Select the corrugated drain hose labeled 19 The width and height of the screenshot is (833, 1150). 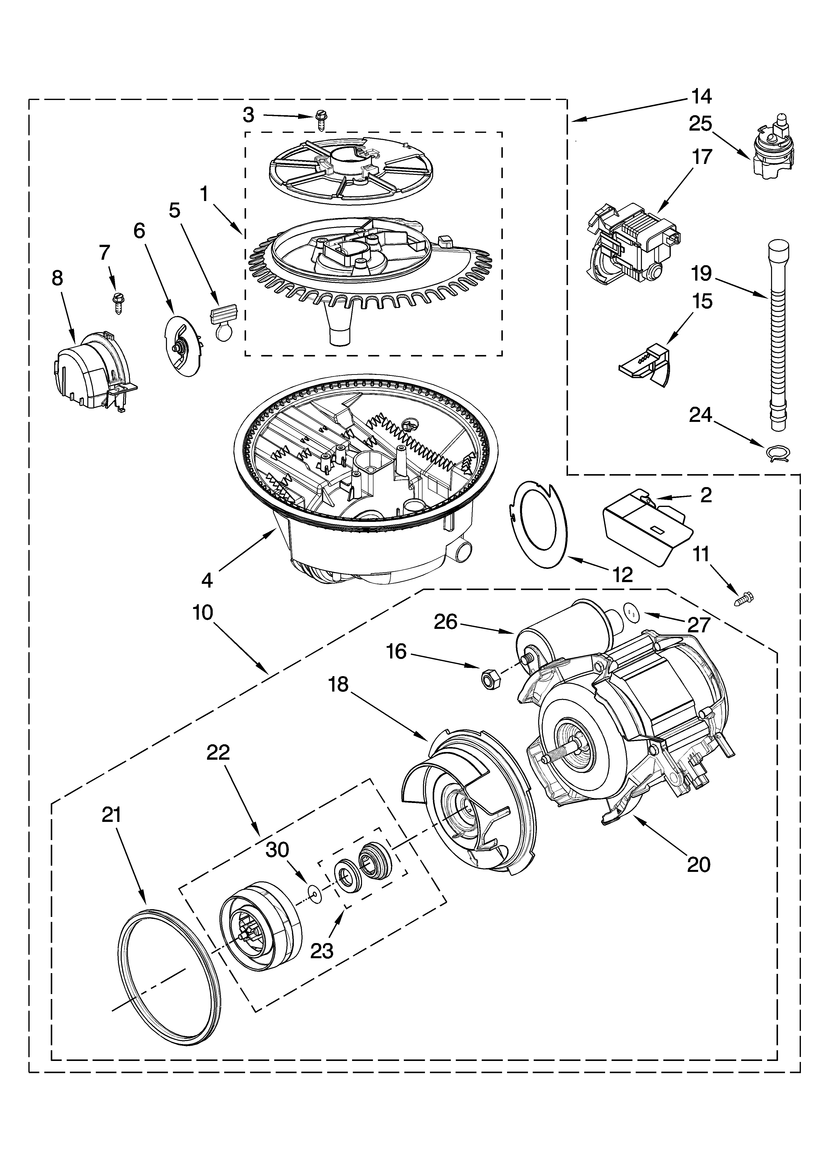pos(776,335)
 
